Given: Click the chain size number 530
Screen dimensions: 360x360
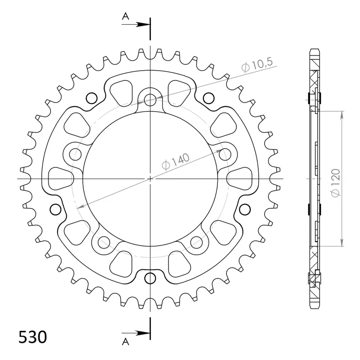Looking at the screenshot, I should click(32, 337).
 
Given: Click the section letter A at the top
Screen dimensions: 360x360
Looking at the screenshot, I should click(126, 17).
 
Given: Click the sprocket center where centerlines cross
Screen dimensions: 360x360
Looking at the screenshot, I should click(150, 179).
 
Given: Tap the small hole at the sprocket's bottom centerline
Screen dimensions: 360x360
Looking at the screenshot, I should click(150, 279).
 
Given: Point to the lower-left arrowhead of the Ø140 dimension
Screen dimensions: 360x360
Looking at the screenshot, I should click(79, 207).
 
